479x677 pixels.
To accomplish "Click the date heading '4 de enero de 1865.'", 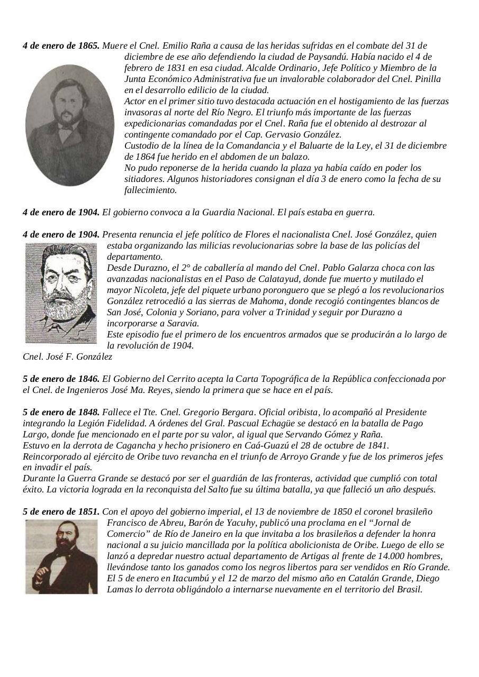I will pyautogui.click(x=61, y=45).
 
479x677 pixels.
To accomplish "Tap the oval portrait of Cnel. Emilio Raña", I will pyautogui.click(x=69, y=125).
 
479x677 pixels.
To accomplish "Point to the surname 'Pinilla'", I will pyautogui.click(x=426, y=79).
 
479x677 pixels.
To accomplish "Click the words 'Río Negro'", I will pyautogui.click(x=292, y=112).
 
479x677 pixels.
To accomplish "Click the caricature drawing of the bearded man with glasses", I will pyautogui.click(x=61, y=293).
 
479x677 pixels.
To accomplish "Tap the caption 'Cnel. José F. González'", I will pyautogui.click(x=67, y=357).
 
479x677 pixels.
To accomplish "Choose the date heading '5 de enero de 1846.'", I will pyautogui.click(x=61, y=379).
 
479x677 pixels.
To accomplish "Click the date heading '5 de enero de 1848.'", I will pyautogui.click(x=61, y=412).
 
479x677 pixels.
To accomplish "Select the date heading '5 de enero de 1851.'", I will pyautogui.click(x=61, y=512).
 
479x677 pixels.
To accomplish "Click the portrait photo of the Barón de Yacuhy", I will pyautogui.click(x=61, y=556).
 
